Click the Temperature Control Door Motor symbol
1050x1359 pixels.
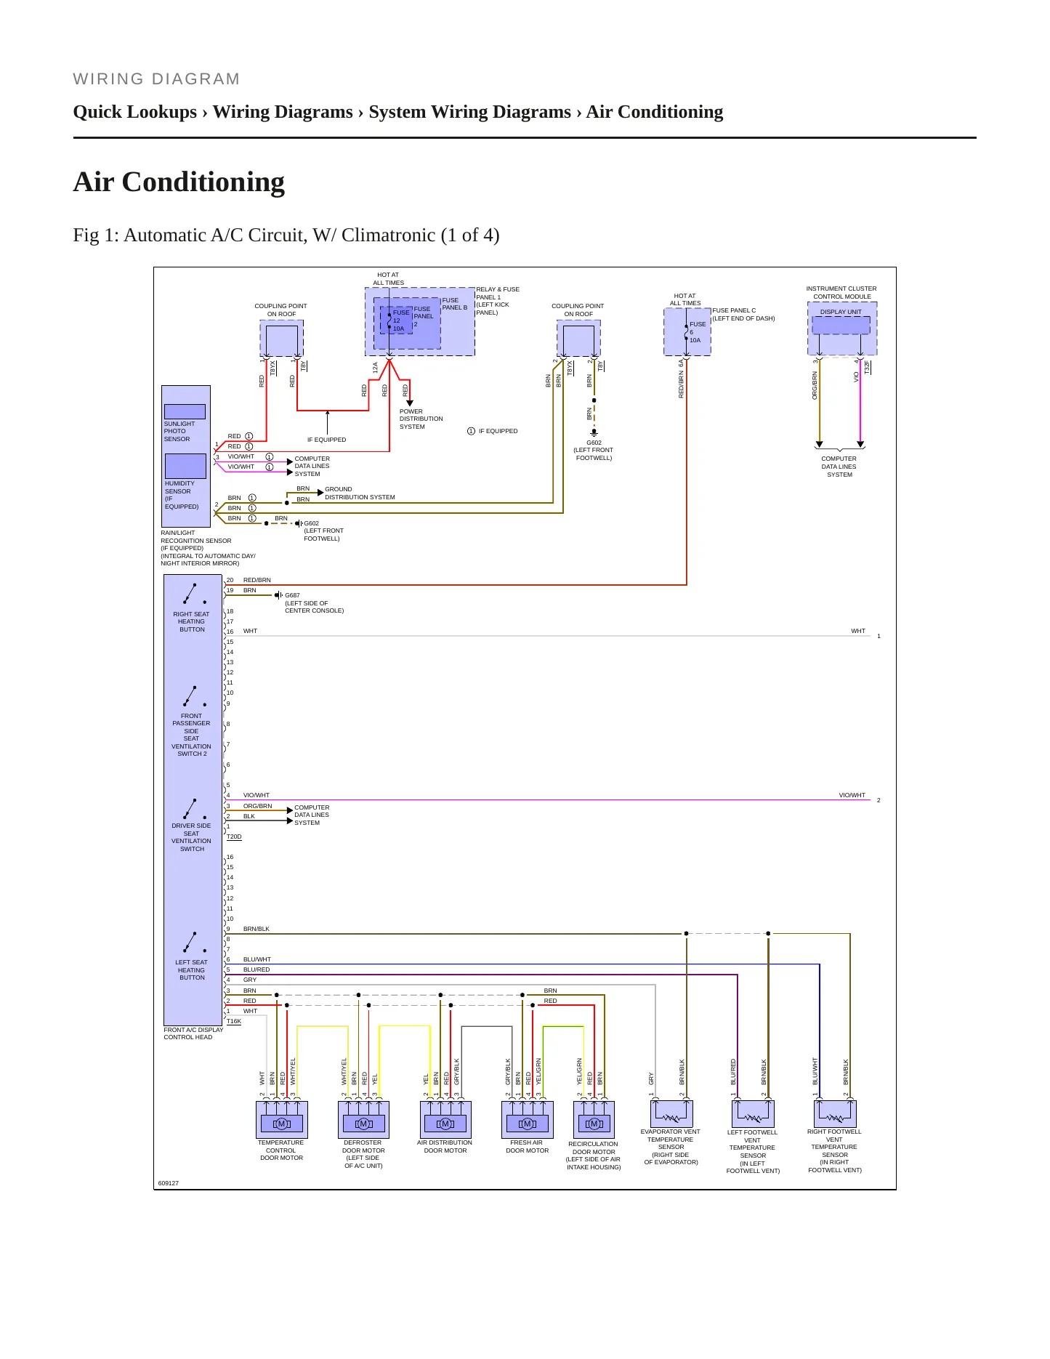coord(282,1119)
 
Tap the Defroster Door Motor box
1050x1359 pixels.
coord(363,1119)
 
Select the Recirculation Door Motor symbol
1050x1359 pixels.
coord(594,1119)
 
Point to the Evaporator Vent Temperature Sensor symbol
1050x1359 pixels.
coord(671,1114)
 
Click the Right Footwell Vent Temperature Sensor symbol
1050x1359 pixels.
coord(835,1114)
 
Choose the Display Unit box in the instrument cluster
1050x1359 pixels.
coord(841,325)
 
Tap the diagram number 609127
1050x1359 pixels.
coord(169,1183)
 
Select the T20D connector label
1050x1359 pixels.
coord(234,837)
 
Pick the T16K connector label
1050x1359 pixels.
coord(234,1021)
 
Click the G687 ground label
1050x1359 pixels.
coord(292,595)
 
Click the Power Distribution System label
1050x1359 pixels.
coord(421,419)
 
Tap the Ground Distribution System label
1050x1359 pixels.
coord(360,493)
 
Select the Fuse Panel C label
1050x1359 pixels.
coord(734,310)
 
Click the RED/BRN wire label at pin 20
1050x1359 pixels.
coord(257,580)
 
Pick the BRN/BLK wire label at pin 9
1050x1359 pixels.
coord(257,929)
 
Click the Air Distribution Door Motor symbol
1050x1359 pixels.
coord(445,1119)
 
